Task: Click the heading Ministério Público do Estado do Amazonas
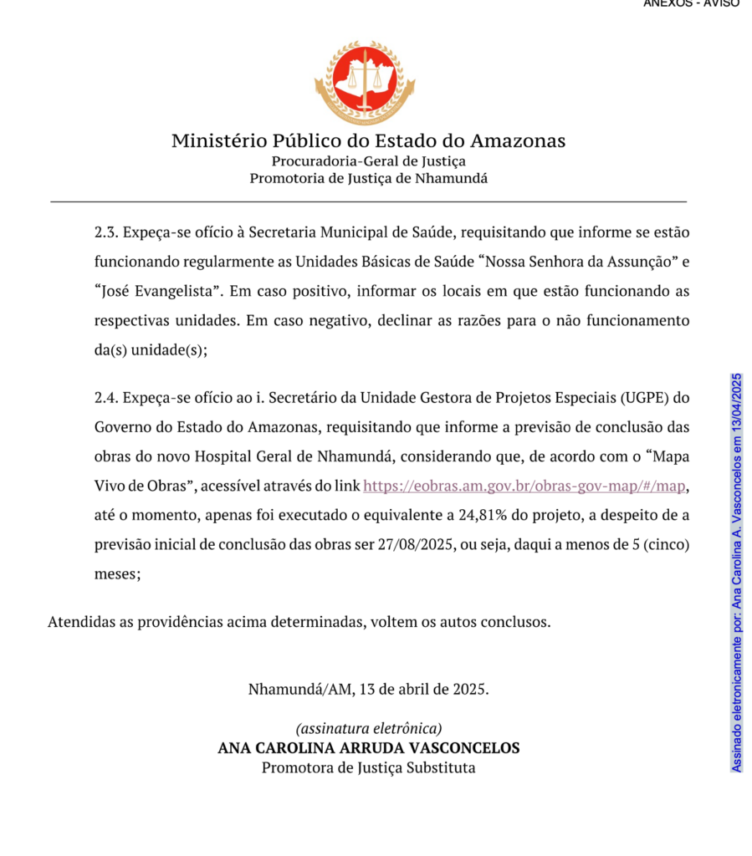tap(368, 140)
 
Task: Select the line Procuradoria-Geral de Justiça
tap(368, 160)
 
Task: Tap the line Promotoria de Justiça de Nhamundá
tap(368, 177)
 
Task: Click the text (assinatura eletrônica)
tap(368, 728)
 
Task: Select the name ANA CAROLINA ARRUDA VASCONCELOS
tap(368, 747)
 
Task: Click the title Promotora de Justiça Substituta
tap(368, 767)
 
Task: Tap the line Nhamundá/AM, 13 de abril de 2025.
tap(368, 690)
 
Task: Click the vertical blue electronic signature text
tap(736, 573)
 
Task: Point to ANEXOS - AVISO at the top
tap(691, 3)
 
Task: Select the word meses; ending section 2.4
tap(117, 575)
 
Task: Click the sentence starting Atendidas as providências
tap(299, 622)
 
